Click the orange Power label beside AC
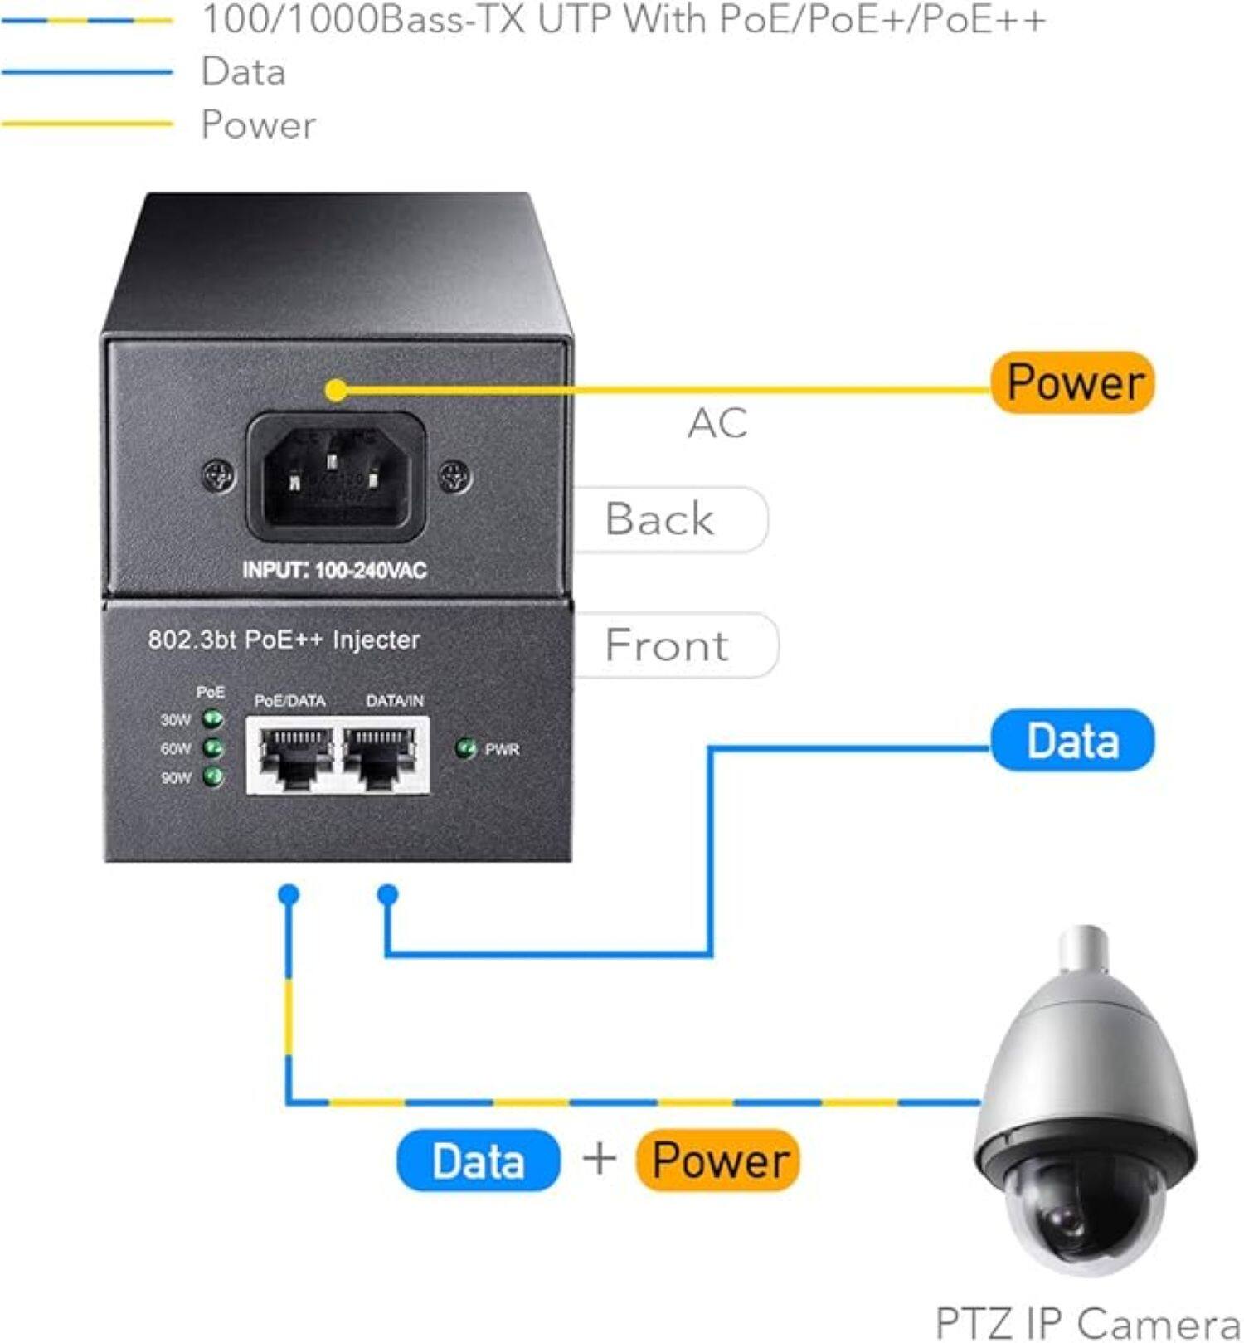click(x=1071, y=382)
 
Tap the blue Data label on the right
click(x=1071, y=740)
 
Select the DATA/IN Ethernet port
click(x=381, y=755)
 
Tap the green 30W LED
click(x=213, y=718)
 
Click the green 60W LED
click(x=213, y=747)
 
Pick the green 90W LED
click(x=213, y=776)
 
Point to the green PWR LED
click(x=465, y=748)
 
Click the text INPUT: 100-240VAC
click(x=334, y=571)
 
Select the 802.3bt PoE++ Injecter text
click(x=284, y=640)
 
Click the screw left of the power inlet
click(x=218, y=476)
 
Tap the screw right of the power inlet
click(x=454, y=476)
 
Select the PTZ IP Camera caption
click(x=1086, y=1322)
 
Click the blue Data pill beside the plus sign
click(x=478, y=1161)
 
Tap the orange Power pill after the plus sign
click(x=718, y=1161)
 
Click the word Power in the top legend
click(x=258, y=125)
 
